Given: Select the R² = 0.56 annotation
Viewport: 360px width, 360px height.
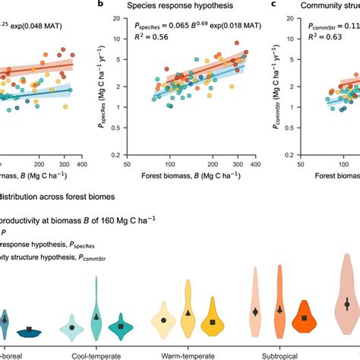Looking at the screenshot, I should point(142,44).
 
